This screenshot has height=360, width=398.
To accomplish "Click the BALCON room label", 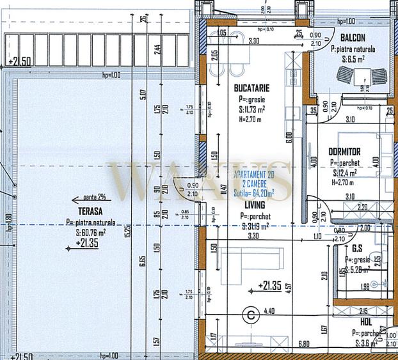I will click(x=353, y=38).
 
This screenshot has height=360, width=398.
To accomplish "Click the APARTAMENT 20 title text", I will click(x=254, y=175).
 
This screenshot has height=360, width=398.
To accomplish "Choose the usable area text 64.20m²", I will click(x=254, y=191).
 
